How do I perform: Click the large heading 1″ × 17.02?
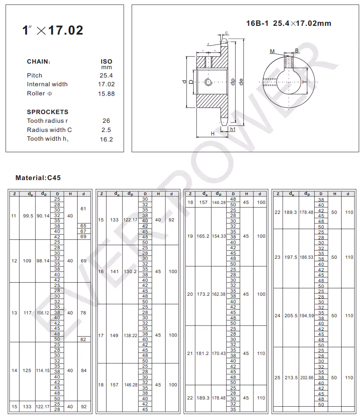click(53, 31)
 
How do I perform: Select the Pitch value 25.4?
click(106, 76)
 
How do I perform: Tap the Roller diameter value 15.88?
click(106, 94)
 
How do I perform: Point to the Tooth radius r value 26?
click(106, 121)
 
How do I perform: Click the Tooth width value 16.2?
click(106, 140)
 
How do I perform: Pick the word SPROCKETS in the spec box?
click(48, 112)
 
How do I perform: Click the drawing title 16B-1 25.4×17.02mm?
click(288, 23)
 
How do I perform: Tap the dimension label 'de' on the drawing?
click(241, 81)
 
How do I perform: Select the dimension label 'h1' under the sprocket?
click(233, 130)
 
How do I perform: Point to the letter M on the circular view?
click(272, 52)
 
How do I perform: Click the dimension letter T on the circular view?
click(304, 82)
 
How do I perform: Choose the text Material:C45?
click(38, 178)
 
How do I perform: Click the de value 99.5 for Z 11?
click(28, 216)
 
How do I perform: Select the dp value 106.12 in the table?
click(43, 313)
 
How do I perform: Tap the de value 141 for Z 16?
click(114, 272)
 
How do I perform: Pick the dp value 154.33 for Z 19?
click(219, 236)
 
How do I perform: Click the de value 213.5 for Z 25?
click(291, 378)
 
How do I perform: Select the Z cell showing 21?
click(190, 353)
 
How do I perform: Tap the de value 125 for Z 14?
click(27, 370)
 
